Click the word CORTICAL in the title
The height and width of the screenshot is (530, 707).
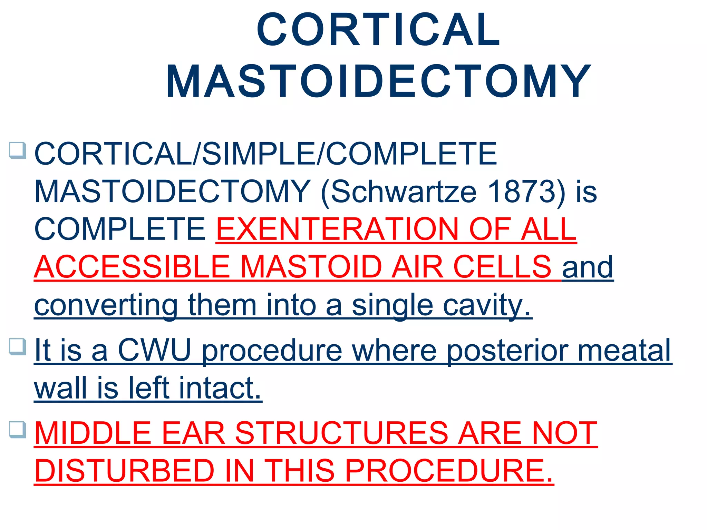tap(378, 30)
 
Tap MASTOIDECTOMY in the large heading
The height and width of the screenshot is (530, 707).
tap(378, 82)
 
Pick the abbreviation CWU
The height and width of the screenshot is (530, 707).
tap(155, 350)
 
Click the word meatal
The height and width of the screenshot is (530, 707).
tap(624, 350)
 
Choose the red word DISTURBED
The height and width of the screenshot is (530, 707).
tap(125, 471)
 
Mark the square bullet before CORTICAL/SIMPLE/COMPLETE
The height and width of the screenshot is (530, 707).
tap(18, 150)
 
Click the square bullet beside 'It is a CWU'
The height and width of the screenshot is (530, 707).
tap(18, 346)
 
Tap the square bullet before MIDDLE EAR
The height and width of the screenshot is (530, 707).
tap(18, 430)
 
